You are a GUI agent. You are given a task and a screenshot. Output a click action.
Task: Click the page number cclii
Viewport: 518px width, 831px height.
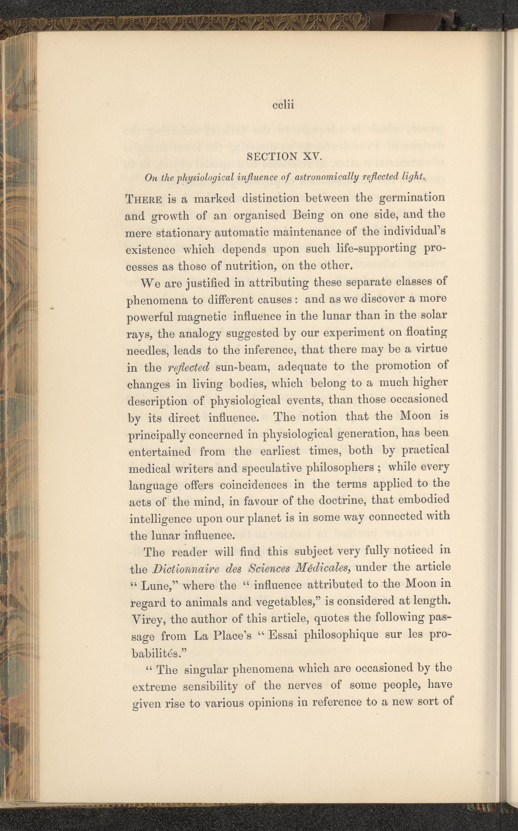(x=283, y=105)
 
